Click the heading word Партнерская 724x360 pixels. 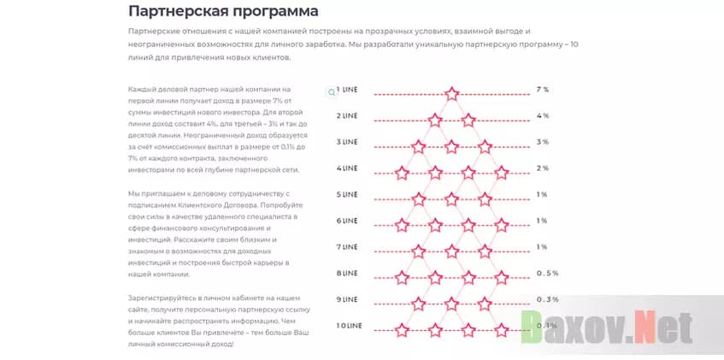pyautogui.click(x=175, y=12)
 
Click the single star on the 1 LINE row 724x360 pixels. pyautogui.click(x=452, y=93)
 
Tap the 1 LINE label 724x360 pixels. pyautogui.click(x=347, y=89)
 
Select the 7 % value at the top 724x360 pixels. pyautogui.click(x=542, y=89)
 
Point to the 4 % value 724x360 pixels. pyautogui.click(x=542, y=115)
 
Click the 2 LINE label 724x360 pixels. pyautogui.click(x=347, y=115)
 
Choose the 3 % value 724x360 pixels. pyautogui.click(x=542, y=142)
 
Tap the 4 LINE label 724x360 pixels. pyautogui.click(x=347, y=168)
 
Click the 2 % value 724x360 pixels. pyautogui.click(x=542, y=168)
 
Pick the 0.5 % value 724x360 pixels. pyautogui.click(x=547, y=274)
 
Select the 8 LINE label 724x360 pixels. pyautogui.click(x=347, y=274)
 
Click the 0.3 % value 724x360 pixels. pyautogui.click(x=547, y=299)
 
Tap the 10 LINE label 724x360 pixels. pyautogui.click(x=349, y=326)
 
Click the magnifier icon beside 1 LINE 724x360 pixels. pyautogui.click(x=332, y=91)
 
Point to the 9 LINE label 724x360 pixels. pyautogui.click(x=347, y=299)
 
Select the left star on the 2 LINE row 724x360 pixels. pyautogui.click(x=435, y=120)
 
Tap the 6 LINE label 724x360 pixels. pyautogui.click(x=347, y=221)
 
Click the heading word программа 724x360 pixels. pyautogui.click(x=274, y=12)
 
